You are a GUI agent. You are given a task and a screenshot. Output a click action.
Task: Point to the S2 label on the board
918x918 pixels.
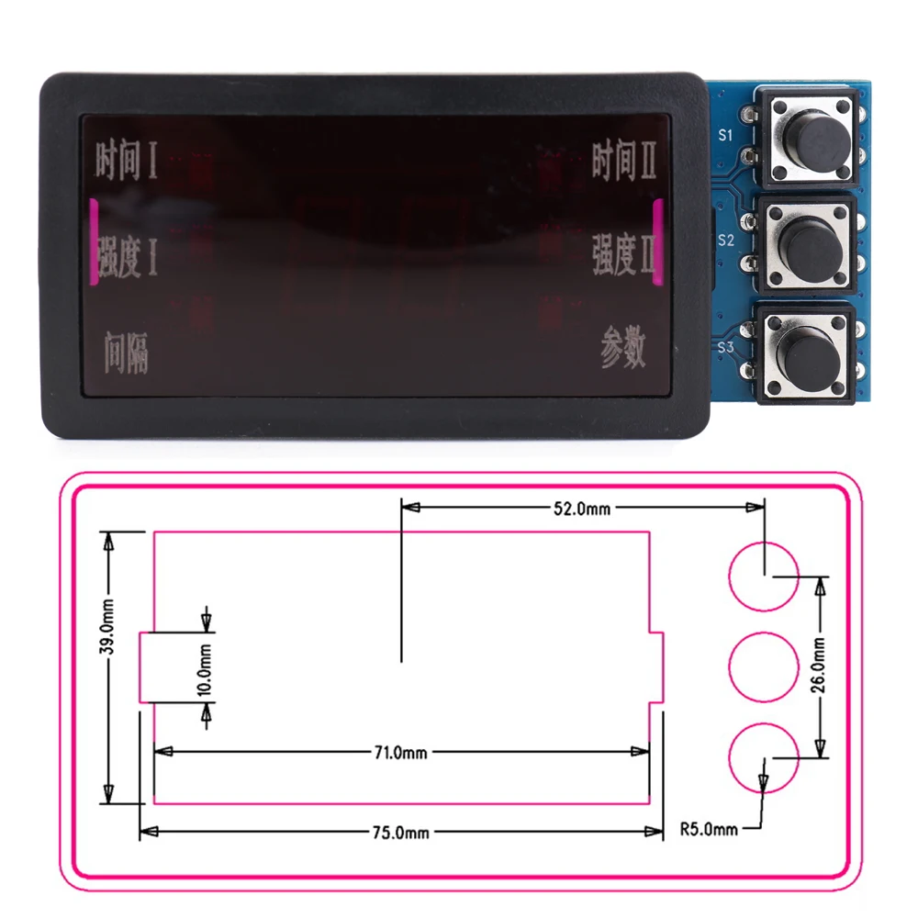725,241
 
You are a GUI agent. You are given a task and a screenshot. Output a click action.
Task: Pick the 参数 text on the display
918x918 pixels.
624,349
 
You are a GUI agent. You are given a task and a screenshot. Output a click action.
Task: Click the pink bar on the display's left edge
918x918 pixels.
93,242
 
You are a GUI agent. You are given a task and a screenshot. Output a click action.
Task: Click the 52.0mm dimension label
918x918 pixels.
582,508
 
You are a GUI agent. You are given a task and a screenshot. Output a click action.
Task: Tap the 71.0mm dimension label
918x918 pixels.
400,753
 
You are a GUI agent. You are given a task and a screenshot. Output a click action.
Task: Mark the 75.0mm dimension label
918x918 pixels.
400,833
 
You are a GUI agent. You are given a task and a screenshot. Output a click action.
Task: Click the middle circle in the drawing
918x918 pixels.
764,667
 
